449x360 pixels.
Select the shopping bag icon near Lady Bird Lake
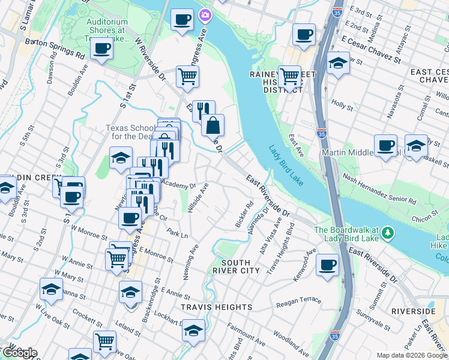(x=212, y=125)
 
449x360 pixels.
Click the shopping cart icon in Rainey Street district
(x=289, y=77)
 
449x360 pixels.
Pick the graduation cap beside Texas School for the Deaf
(x=121, y=158)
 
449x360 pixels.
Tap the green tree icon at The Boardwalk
(x=388, y=232)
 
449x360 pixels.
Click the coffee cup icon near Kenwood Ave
(x=327, y=265)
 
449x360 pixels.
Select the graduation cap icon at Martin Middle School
(x=415, y=146)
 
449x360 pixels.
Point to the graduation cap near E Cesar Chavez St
(x=339, y=63)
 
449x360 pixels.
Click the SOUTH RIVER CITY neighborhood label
(x=240, y=266)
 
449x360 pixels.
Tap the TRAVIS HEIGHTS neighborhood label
(x=217, y=307)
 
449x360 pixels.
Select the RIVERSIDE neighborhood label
(x=412, y=311)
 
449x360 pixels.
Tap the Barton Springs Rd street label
(x=55, y=48)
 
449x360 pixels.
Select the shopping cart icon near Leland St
(x=104, y=341)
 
